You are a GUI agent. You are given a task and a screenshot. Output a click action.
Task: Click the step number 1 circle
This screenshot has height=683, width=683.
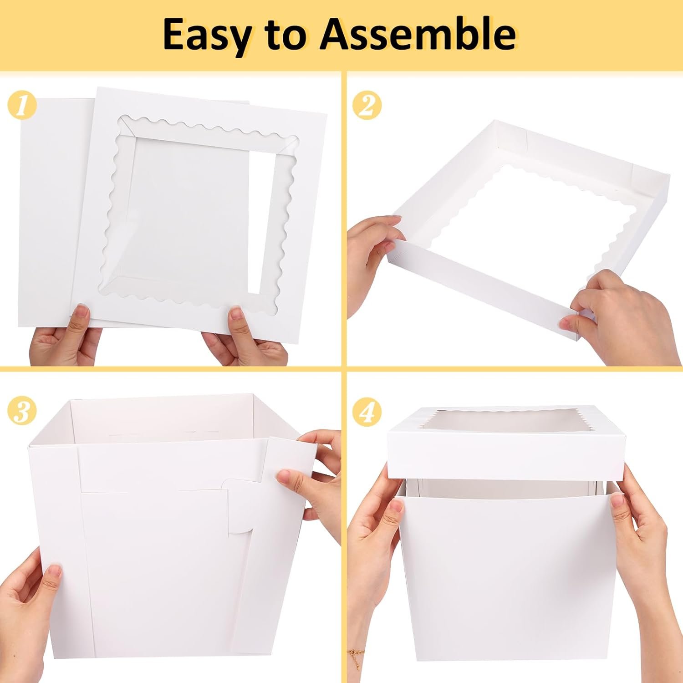(21, 106)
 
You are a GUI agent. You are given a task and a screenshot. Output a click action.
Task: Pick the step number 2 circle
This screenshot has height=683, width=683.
(367, 106)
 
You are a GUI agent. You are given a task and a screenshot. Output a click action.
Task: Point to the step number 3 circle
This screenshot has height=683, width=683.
(22, 412)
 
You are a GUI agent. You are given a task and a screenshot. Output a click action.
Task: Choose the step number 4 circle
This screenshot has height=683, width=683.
(367, 412)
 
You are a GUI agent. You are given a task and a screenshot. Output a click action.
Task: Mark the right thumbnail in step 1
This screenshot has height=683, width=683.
(237, 314)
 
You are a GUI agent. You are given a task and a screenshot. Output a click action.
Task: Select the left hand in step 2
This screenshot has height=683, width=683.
(371, 255)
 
